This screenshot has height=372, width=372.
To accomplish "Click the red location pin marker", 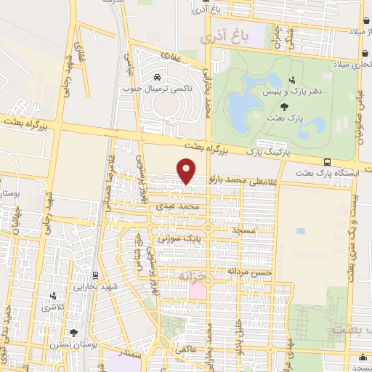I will tap(187, 171).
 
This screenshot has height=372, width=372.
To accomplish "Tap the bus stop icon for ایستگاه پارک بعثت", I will tap(328, 162).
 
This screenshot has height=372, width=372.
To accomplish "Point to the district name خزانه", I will tap(192, 278).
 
